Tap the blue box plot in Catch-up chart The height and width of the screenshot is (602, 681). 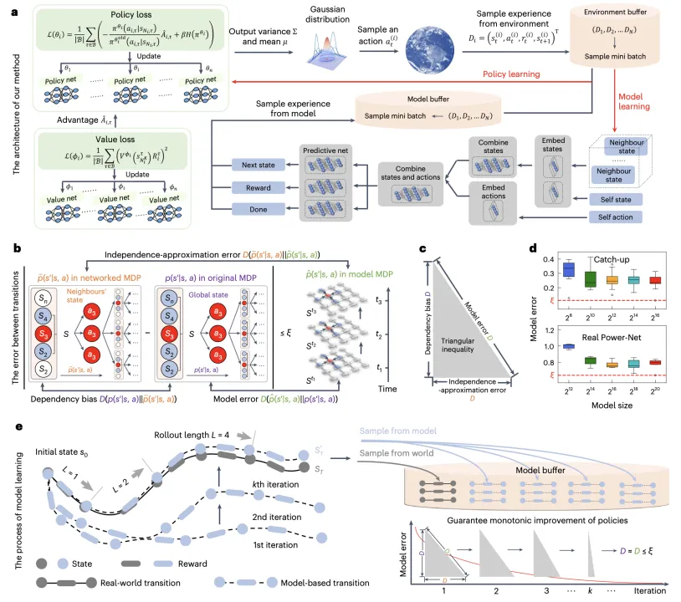(569, 270)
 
